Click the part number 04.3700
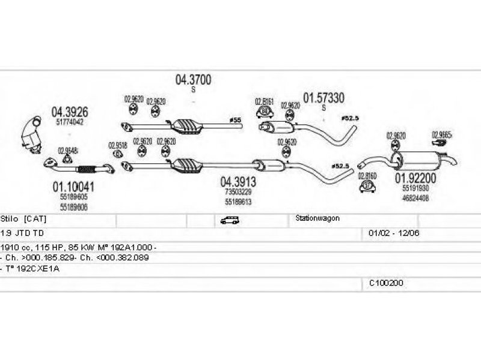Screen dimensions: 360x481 pyautogui.click(x=193, y=79)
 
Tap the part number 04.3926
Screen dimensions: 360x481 pyautogui.click(x=69, y=111)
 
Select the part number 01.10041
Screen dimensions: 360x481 pyautogui.click(x=73, y=187)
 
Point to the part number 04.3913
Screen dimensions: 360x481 pyautogui.click(x=238, y=181)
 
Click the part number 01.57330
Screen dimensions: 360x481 pyautogui.click(x=323, y=97)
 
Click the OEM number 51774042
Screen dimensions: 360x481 pyautogui.click(x=69, y=122)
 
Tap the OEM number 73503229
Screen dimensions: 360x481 pyautogui.click(x=238, y=192)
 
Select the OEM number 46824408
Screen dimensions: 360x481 pyautogui.click(x=415, y=197)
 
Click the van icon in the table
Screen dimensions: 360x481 pyautogui.click(x=230, y=220)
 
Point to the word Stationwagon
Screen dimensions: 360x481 pyautogui.click(x=317, y=218)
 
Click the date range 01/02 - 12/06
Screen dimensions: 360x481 pyautogui.click(x=390, y=232)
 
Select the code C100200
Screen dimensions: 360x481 pyautogui.click(x=386, y=282)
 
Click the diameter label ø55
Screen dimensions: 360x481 pyautogui.click(x=236, y=120)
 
